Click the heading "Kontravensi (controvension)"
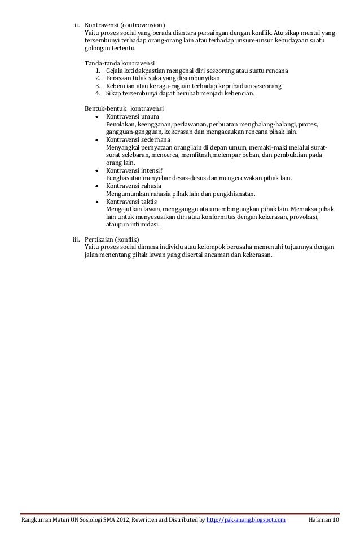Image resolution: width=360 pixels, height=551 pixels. [x=125, y=25]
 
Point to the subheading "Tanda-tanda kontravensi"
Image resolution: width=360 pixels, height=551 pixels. [x=120, y=62]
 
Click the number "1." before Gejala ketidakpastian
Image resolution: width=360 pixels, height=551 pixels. [x=98, y=71]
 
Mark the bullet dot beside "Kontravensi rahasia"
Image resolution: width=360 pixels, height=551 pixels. [x=98, y=186]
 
